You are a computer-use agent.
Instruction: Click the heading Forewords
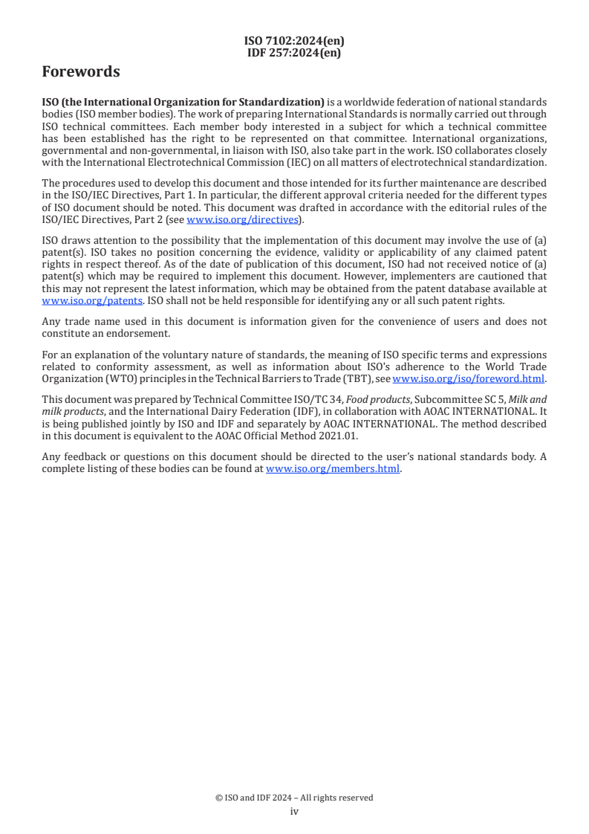click(81, 72)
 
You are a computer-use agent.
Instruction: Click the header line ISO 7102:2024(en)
click(294, 41)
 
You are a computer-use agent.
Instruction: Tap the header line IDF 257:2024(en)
click(294, 52)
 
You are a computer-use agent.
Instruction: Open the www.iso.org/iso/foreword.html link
click(469, 378)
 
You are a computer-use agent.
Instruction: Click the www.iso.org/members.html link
click(333, 469)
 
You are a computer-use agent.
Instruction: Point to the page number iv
click(294, 812)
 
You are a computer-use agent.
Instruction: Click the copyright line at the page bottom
click(294, 798)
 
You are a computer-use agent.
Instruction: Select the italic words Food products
click(383, 399)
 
